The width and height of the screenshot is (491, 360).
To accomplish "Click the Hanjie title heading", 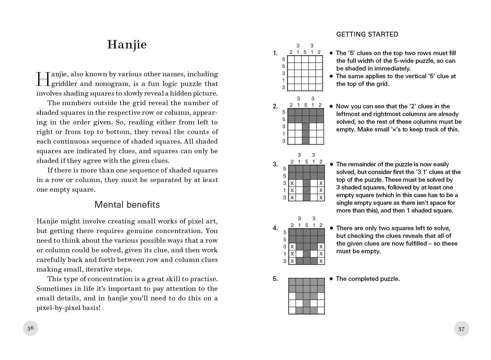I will (127, 45).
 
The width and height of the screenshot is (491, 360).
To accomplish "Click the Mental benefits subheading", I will (127, 205).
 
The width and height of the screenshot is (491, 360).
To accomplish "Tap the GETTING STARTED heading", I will (367, 34).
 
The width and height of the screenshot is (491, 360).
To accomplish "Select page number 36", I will (30, 328).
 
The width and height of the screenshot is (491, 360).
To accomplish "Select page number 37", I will (461, 329).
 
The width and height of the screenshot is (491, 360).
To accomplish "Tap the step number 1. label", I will (275, 53).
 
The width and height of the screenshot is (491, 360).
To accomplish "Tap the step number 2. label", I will (275, 106).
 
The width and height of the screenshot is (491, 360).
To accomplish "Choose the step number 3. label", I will (275, 164).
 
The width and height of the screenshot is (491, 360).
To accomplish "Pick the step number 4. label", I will (275, 228).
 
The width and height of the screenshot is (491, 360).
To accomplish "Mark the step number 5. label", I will (275, 279).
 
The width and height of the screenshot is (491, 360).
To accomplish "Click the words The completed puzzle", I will (368, 279).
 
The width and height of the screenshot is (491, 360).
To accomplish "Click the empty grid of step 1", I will (305, 73).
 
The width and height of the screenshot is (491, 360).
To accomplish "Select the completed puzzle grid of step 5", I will (306, 296).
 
